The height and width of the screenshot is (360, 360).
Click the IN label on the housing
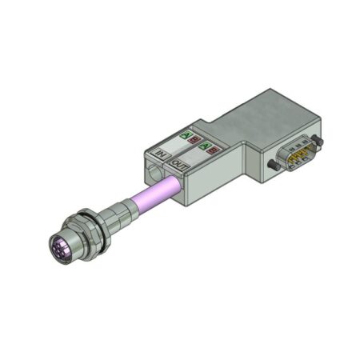[x=158, y=151]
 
